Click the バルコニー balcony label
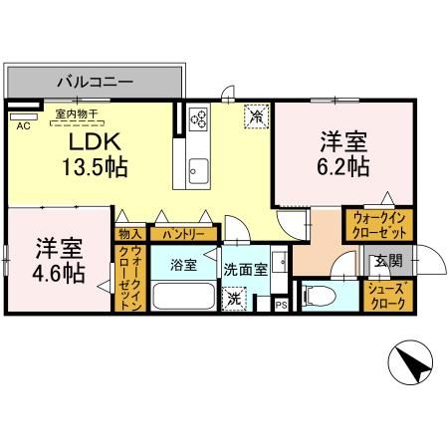click(x=95, y=81)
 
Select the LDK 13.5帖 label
click(x=69, y=155)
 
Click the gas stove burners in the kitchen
click(x=197, y=120)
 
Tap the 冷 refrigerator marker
click(x=256, y=116)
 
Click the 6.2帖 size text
click(x=344, y=164)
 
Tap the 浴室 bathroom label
click(x=181, y=267)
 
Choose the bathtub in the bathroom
click(x=182, y=298)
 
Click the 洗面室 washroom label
click(x=243, y=268)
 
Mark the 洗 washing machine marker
click(x=235, y=297)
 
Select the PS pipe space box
click(x=281, y=305)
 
